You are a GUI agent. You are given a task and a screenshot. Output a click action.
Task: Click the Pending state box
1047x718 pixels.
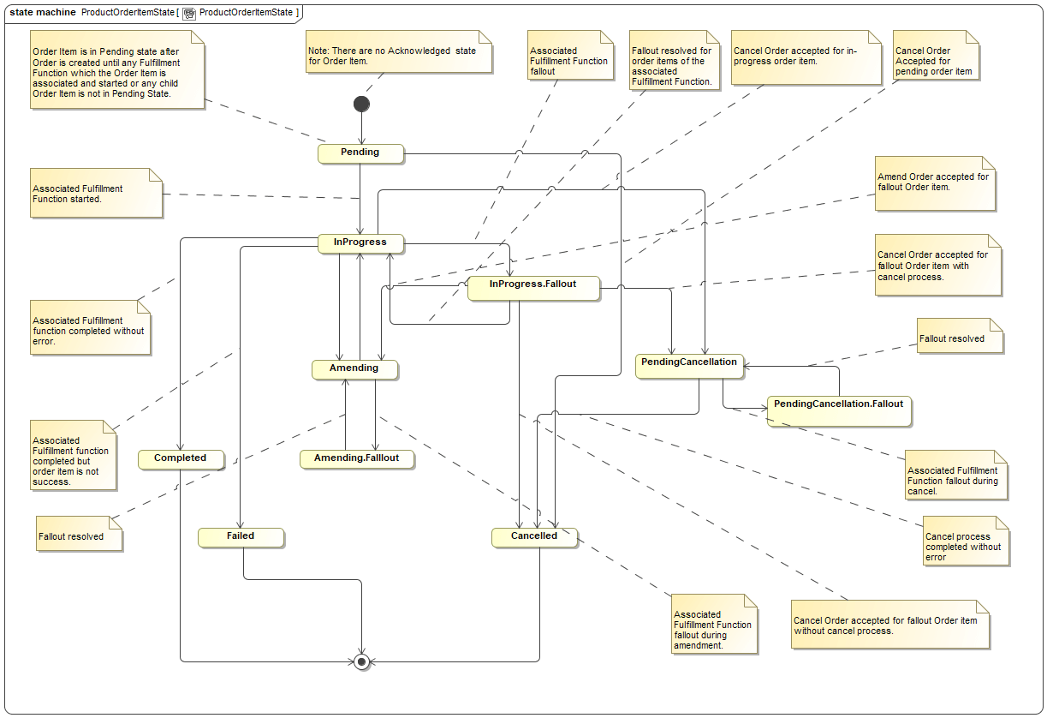point(360,153)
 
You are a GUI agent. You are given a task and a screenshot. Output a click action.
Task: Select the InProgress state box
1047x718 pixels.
point(360,242)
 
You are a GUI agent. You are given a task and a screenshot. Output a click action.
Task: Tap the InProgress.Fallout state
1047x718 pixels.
point(532,285)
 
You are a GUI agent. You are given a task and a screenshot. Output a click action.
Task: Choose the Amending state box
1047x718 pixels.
point(354,368)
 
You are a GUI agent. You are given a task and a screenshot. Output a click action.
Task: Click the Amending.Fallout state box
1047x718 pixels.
point(357,458)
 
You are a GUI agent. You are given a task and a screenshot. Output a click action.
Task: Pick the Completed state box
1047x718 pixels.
point(180,458)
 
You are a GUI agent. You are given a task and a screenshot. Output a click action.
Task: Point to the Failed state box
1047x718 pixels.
point(240,536)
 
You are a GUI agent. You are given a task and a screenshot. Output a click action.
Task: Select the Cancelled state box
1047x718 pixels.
point(534,536)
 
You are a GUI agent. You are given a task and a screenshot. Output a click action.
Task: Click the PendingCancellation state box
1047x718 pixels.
point(688,363)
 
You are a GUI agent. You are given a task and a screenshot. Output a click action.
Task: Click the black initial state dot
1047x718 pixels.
point(361,104)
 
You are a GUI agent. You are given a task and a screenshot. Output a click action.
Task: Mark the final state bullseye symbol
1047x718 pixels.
point(361,661)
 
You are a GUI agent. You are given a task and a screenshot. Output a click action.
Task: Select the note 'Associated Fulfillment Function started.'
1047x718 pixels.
point(94,194)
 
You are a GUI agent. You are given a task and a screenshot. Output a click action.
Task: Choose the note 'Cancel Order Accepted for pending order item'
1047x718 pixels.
point(934,60)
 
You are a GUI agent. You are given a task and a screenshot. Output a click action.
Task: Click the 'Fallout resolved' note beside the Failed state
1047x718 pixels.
point(78,536)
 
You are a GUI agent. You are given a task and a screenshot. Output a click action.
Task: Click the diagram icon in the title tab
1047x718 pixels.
point(188,13)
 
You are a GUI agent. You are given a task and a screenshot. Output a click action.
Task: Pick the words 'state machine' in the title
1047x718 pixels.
point(42,13)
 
